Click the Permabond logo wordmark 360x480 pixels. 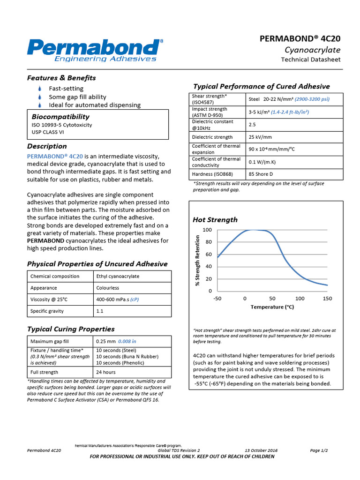click(94, 47)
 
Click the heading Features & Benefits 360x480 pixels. click(61, 78)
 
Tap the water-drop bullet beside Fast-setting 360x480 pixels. click(40, 89)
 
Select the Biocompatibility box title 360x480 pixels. click(60, 117)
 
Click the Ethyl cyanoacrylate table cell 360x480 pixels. click(118, 277)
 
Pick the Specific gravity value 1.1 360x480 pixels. click(100, 311)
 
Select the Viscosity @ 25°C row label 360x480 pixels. click(49, 300)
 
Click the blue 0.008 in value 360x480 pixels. click(127, 342)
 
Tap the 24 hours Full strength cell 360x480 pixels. click(106, 373)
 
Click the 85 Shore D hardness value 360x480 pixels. click(261, 174)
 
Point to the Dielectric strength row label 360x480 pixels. click(212, 137)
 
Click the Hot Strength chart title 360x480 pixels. click(215, 220)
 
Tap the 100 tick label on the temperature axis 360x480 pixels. click(300, 299)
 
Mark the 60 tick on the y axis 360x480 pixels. click(209, 255)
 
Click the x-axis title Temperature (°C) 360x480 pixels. click(272, 307)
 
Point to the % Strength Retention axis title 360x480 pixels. click(197, 260)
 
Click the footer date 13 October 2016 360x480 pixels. click(261, 450)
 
